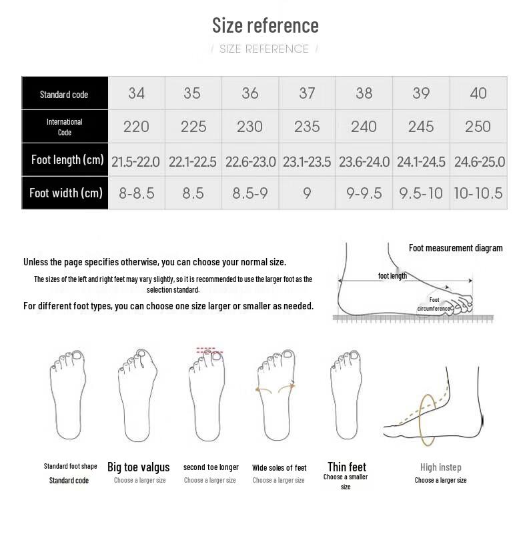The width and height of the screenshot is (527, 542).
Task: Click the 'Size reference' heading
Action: pyautogui.click(x=265, y=25)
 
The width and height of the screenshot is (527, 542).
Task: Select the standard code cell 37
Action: pyautogui.click(x=307, y=93)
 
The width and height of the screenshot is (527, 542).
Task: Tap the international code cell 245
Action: pyautogui.click(x=421, y=127)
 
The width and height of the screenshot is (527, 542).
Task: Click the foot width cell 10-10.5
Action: pyautogui.click(x=478, y=193)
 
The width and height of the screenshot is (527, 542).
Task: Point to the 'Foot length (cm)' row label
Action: pyautogui.click(x=67, y=160)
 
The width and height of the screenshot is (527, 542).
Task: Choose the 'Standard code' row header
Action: pyautogui.click(x=64, y=94)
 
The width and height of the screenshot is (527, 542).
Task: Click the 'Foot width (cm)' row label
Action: pyautogui.click(x=66, y=193)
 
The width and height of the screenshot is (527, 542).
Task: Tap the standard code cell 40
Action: pyautogui.click(x=478, y=93)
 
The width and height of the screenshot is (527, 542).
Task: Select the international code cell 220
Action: pyautogui.click(x=136, y=127)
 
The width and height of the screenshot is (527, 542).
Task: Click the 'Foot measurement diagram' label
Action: pyautogui.click(x=456, y=248)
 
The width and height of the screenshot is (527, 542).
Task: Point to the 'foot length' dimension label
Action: pyautogui.click(x=392, y=276)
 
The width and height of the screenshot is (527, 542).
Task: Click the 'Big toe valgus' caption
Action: pyautogui.click(x=139, y=467)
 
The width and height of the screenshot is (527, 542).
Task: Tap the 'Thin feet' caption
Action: pyautogui.click(x=347, y=467)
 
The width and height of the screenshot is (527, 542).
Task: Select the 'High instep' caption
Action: pyautogui.click(x=440, y=467)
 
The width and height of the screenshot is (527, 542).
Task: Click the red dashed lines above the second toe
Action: pyautogui.click(x=210, y=349)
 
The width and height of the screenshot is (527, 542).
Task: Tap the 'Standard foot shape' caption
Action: pyautogui.click(x=70, y=466)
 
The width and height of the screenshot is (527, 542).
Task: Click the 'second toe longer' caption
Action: pyautogui.click(x=211, y=467)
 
